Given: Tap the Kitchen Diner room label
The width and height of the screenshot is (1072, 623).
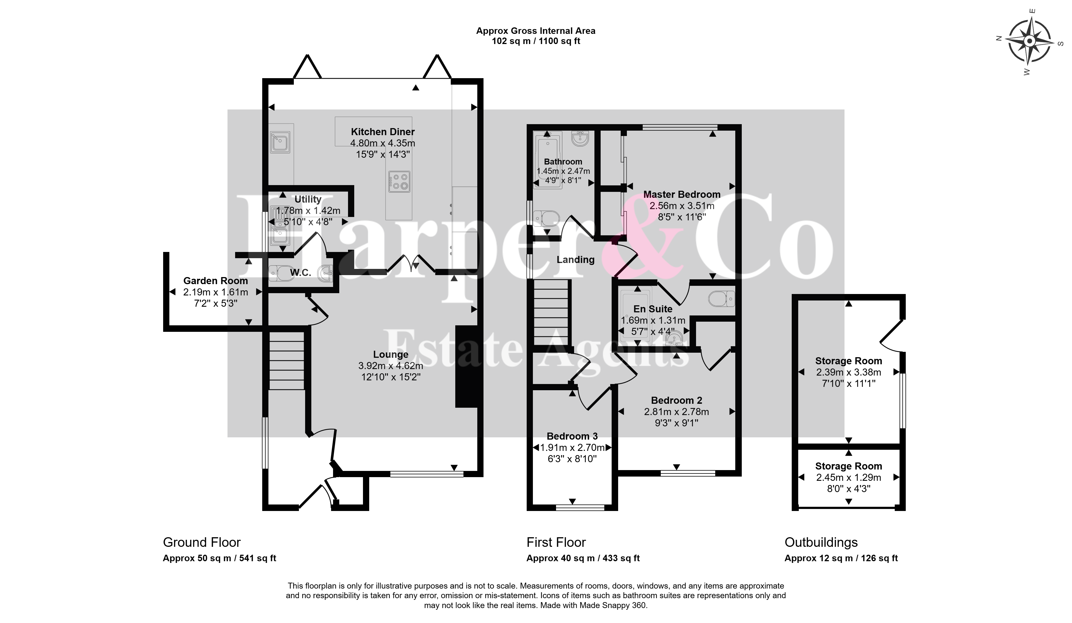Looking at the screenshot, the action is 382,132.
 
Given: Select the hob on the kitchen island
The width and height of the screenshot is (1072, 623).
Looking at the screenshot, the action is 399,182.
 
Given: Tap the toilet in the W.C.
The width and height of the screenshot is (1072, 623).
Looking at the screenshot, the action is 281,273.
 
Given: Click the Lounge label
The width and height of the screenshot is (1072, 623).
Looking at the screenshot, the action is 391,354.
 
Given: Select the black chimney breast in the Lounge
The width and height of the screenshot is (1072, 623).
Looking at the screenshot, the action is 466,367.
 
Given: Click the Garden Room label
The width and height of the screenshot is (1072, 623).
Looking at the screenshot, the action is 215,281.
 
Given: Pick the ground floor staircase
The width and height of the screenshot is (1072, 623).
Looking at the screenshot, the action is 287,361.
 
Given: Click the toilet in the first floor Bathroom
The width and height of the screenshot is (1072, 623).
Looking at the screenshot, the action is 548,218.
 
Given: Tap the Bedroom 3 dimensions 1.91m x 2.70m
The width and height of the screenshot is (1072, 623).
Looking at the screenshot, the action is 572,448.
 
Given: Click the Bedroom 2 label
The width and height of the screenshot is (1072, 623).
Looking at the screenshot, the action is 676,400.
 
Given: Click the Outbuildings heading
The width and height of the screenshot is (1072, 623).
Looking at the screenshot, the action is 821,542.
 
